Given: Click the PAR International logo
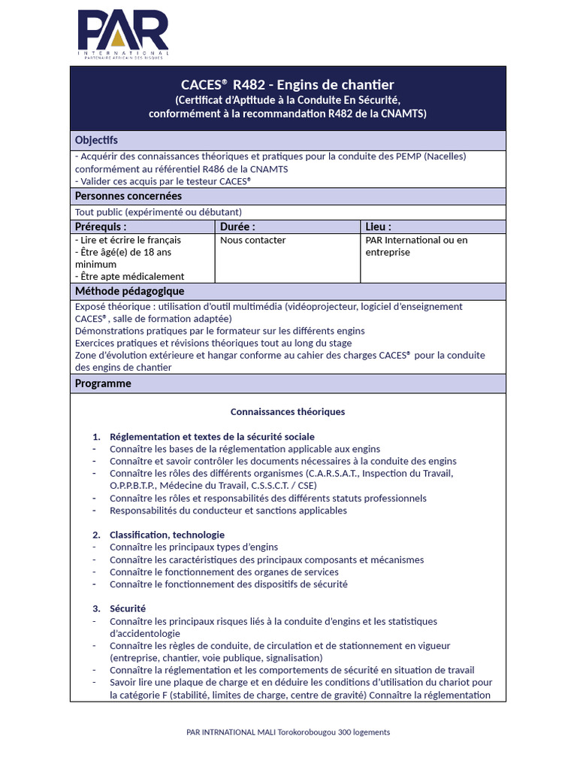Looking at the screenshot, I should coord(123,35).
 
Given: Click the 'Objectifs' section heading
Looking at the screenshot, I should coord(96,140).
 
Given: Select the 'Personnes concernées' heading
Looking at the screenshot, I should coord(128,196).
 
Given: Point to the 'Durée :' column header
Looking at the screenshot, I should coord(238,226).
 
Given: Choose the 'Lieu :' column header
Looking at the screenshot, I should coord(378,226).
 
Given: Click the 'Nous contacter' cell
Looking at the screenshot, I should coord(253,240).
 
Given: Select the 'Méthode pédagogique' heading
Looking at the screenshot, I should coord(129,291).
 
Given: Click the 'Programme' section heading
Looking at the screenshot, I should coord(103,383).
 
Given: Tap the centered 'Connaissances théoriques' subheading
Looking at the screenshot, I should coord(288,412).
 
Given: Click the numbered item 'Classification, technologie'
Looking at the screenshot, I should coord(167,535).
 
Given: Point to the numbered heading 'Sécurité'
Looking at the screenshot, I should coord(128,608).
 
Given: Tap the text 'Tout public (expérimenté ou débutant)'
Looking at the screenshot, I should coord(159,212).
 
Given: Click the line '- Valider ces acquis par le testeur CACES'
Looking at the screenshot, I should coord(163,181).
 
